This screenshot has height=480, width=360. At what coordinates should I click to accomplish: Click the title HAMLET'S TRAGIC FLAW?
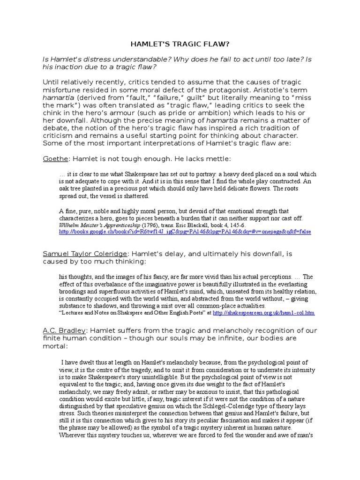tap(180, 44)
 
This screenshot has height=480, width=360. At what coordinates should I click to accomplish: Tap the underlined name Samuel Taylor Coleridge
tap(85, 254)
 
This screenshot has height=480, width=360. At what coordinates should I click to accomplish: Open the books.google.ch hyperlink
tap(185, 232)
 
